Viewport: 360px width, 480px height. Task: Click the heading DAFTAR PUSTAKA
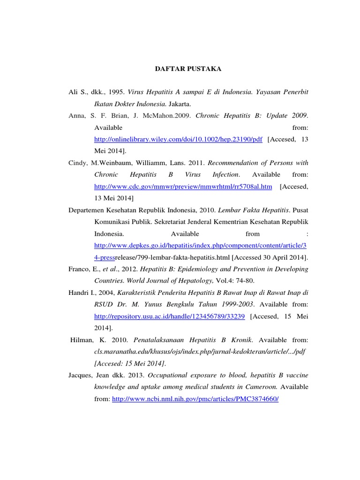point(188,69)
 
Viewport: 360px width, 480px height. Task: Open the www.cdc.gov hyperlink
point(183,187)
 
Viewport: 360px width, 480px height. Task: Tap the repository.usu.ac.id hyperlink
point(170,316)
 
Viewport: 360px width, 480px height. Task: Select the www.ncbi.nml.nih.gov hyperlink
point(195,398)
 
